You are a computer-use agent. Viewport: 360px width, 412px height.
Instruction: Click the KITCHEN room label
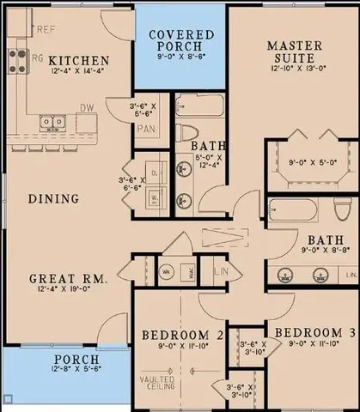click(78, 60)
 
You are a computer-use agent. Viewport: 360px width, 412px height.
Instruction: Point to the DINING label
click(53, 198)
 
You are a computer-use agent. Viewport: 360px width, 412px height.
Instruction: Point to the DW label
click(85, 109)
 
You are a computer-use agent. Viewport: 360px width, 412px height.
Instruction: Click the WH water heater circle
click(166, 273)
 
